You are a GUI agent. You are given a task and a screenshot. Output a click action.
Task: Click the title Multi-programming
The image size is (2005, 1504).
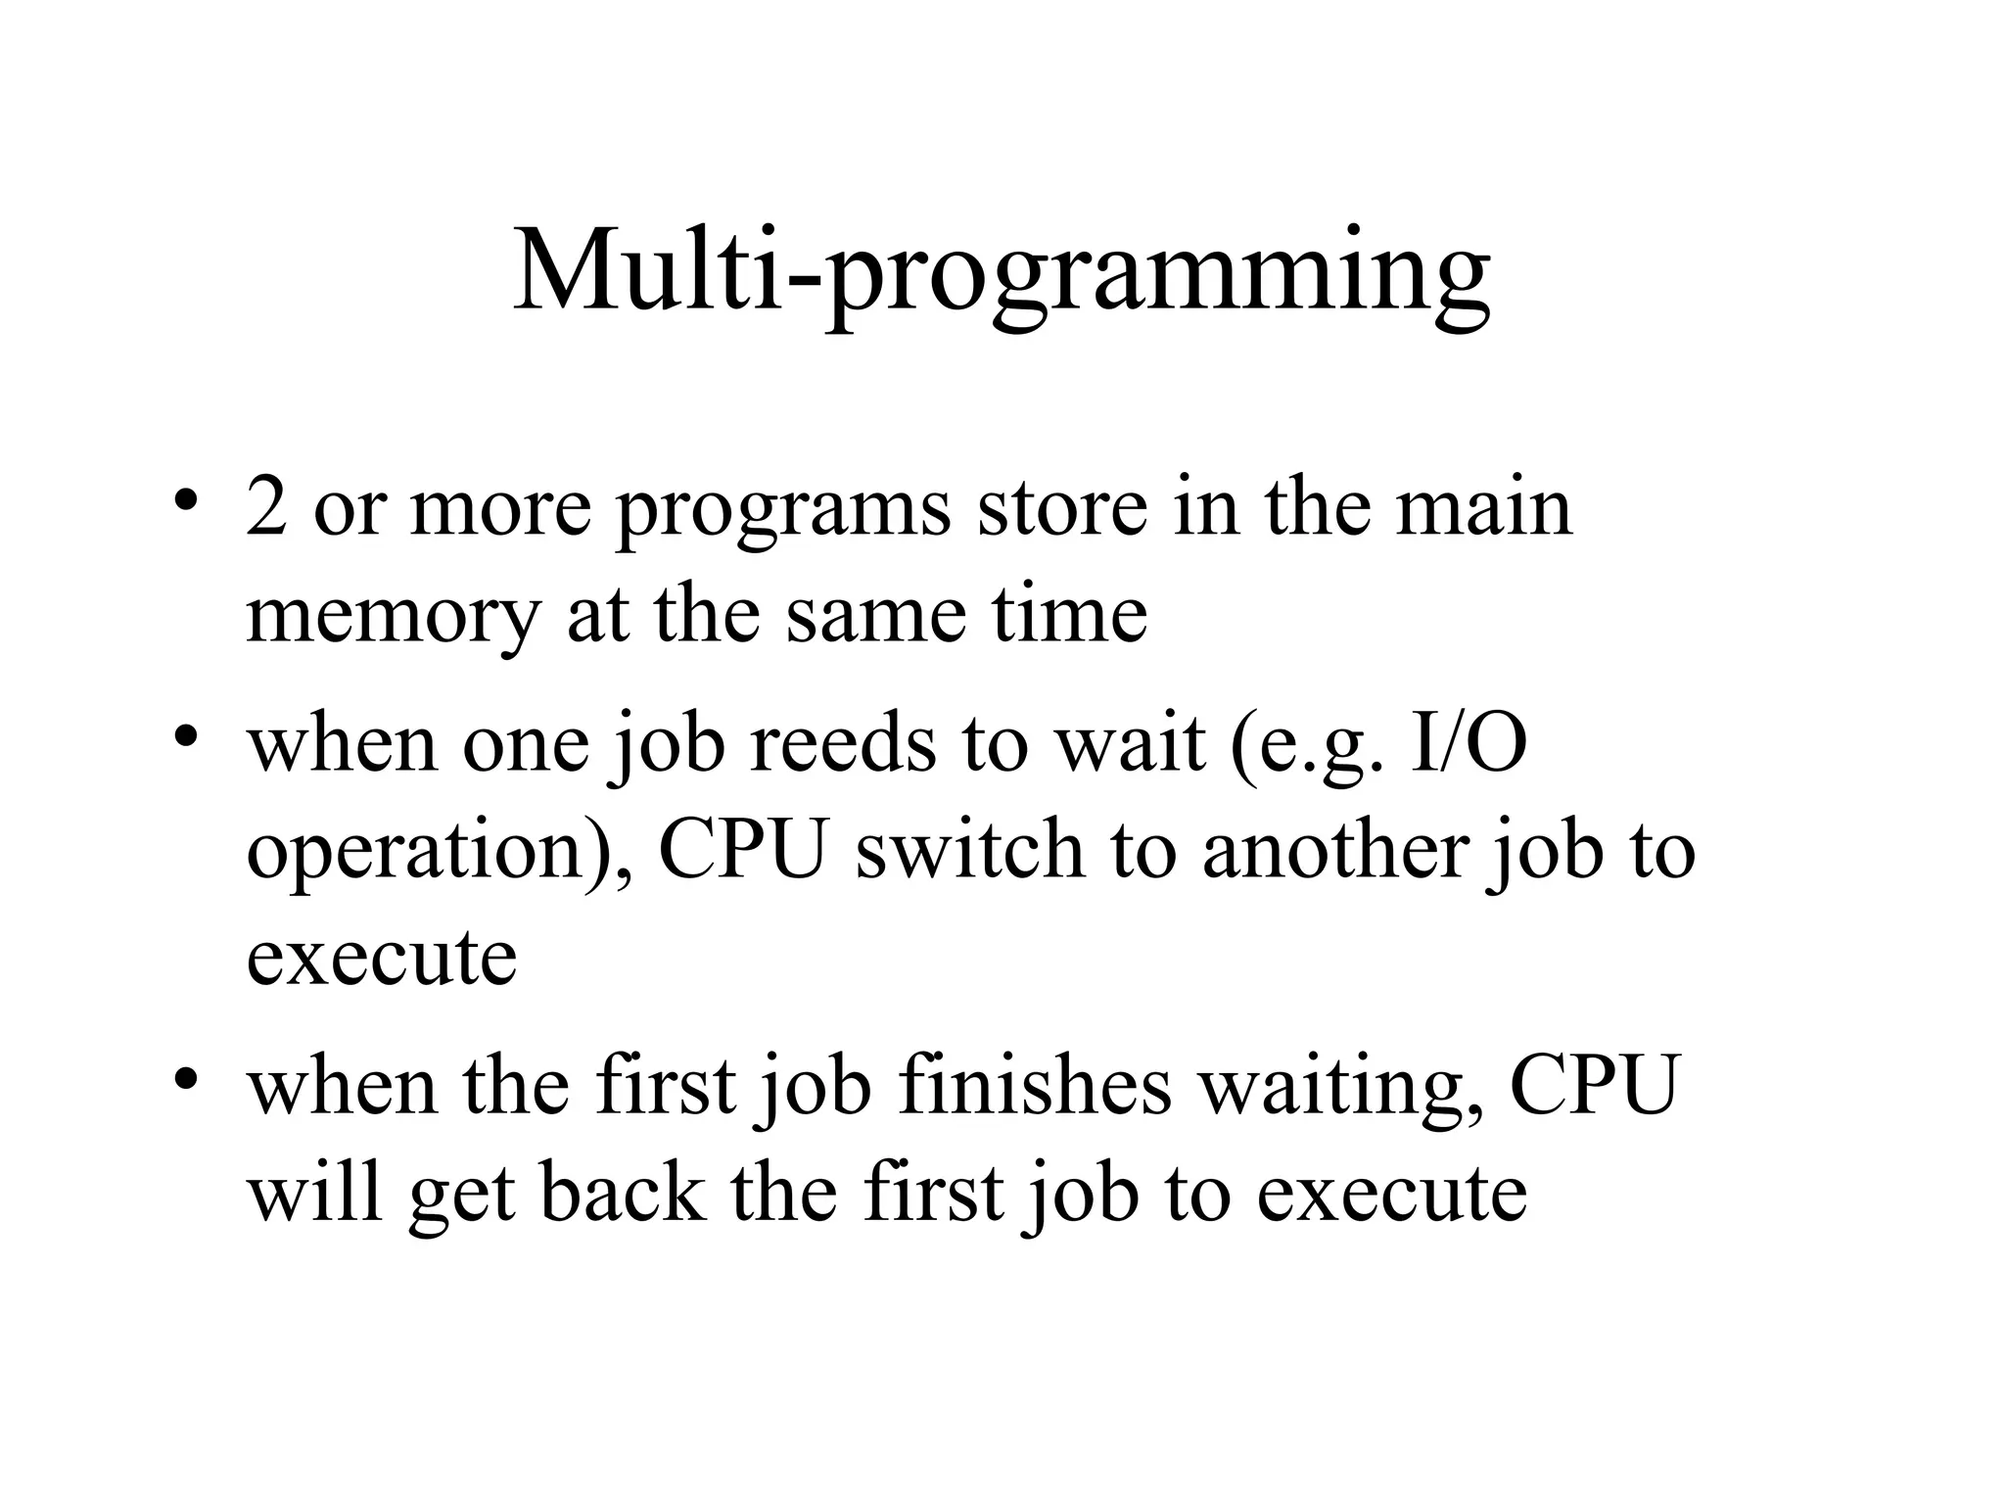pyautogui.click(x=1002, y=270)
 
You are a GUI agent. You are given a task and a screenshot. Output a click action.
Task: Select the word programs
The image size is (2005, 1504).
pyautogui.click(x=783, y=511)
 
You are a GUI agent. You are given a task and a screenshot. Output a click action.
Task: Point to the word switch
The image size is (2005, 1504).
pyautogui.click(x=969, y=849)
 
